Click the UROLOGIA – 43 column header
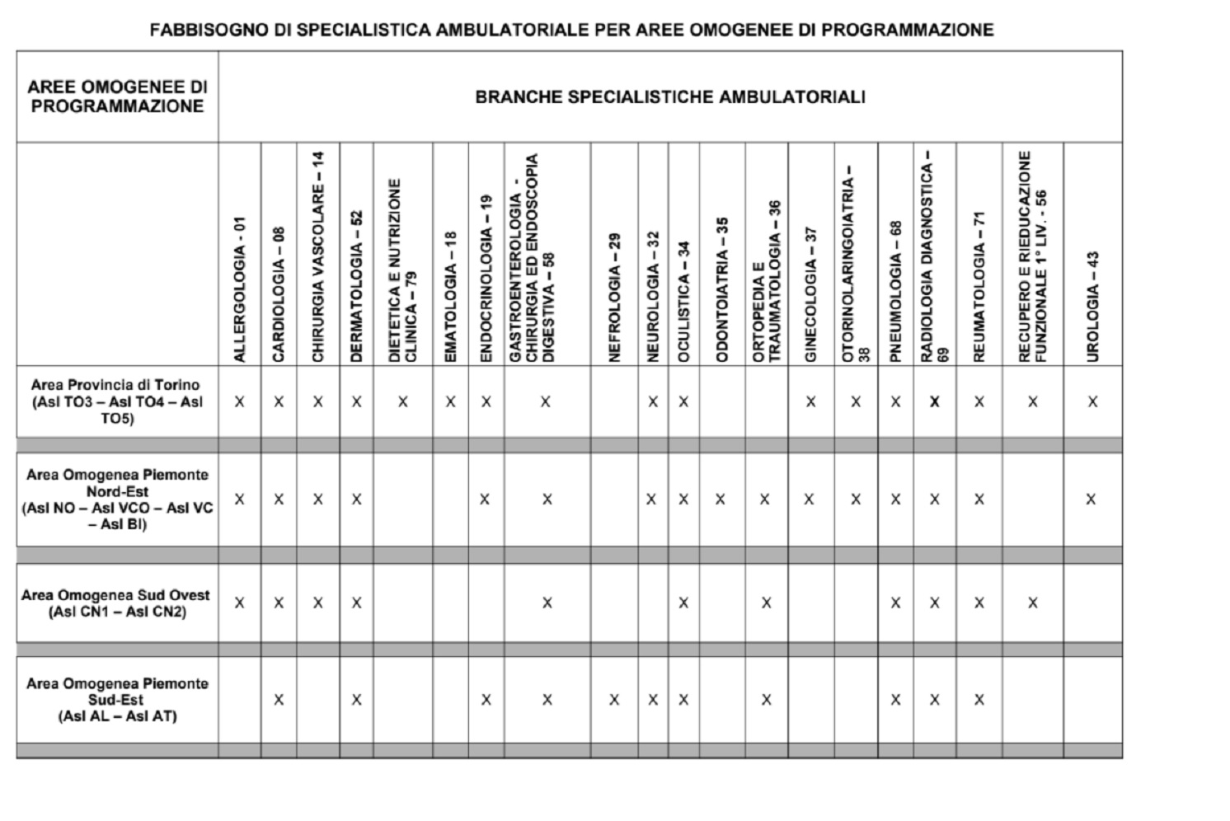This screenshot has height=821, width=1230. [1092, 306]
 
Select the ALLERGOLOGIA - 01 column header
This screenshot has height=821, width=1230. [239, 289]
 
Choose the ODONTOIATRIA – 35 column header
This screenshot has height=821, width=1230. [722, 289]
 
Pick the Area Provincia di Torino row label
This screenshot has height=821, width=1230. [116, 401]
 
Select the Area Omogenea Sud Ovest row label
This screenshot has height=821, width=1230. [116, 603]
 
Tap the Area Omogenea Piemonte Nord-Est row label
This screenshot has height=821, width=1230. [116, 499]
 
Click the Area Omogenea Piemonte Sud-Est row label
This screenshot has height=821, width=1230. [116, 699]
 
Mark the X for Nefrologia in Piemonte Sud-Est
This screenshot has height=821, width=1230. [614, 700]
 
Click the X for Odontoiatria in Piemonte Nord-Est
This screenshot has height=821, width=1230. [721, 500]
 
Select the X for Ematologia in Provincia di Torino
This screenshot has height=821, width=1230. [450, 402]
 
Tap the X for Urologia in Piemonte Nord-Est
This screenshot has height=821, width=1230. [1091, 500]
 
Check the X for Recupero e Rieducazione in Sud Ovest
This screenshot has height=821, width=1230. [1032, 603]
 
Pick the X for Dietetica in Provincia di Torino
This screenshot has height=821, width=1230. [402, 402]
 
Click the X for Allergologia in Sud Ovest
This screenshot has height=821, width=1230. [239, 603]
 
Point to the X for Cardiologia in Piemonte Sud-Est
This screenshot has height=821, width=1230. [279, 700]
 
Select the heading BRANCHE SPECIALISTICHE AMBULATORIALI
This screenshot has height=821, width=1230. [669, 97]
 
